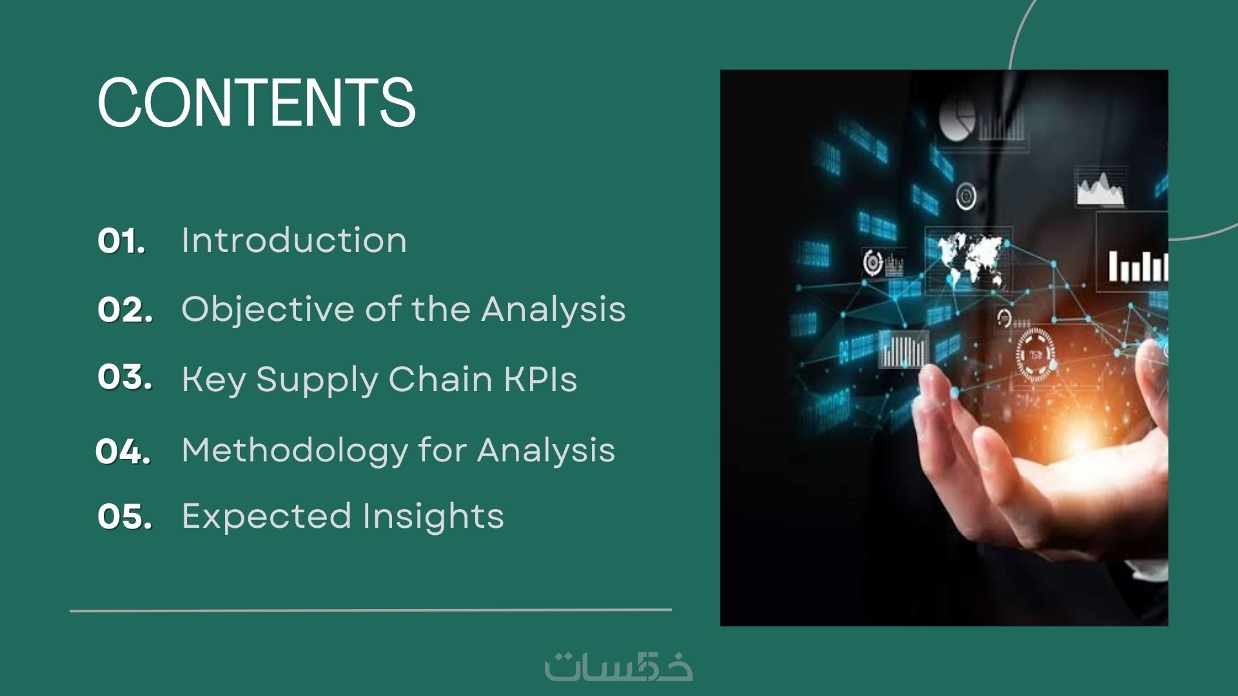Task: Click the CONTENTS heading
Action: click(x=257, y=102)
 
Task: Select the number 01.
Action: click(x=121, y=242)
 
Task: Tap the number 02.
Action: click(x=125, y=310)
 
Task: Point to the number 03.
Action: click(x=125, y=377)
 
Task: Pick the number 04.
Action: click(x=123, y=451)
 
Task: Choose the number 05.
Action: click(x=125, y=517)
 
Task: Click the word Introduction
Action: click(x=294, y=240)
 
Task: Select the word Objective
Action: click(x=268, y=310)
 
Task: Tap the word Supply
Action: click(x=317, y=380)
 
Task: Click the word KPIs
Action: click(x=540, y=379)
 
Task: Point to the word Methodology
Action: click(x=295, y=451)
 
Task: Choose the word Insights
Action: click(x=433, y=517)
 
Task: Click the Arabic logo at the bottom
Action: click(x=618, y=666)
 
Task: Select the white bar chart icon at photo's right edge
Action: click(x=1138, y=266)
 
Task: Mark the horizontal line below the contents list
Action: click(x=371, y=610)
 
